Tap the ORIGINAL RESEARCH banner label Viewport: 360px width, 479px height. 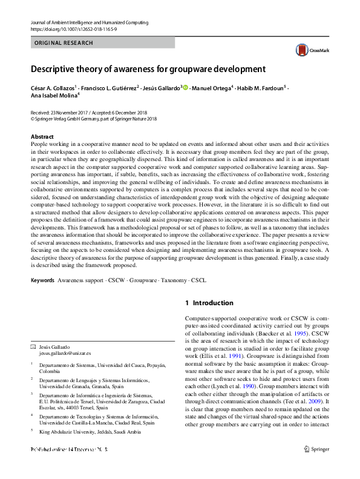click(x=64, y=43)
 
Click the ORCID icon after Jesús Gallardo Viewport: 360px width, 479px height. click(x=186, y=88)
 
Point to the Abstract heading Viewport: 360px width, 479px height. click(x=42, y=137)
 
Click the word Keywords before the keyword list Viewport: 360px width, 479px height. click(x=42, y=281)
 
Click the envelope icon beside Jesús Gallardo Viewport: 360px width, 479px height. click(x=33, y=346)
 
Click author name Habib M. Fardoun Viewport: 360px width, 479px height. click(x=261, y=88)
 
